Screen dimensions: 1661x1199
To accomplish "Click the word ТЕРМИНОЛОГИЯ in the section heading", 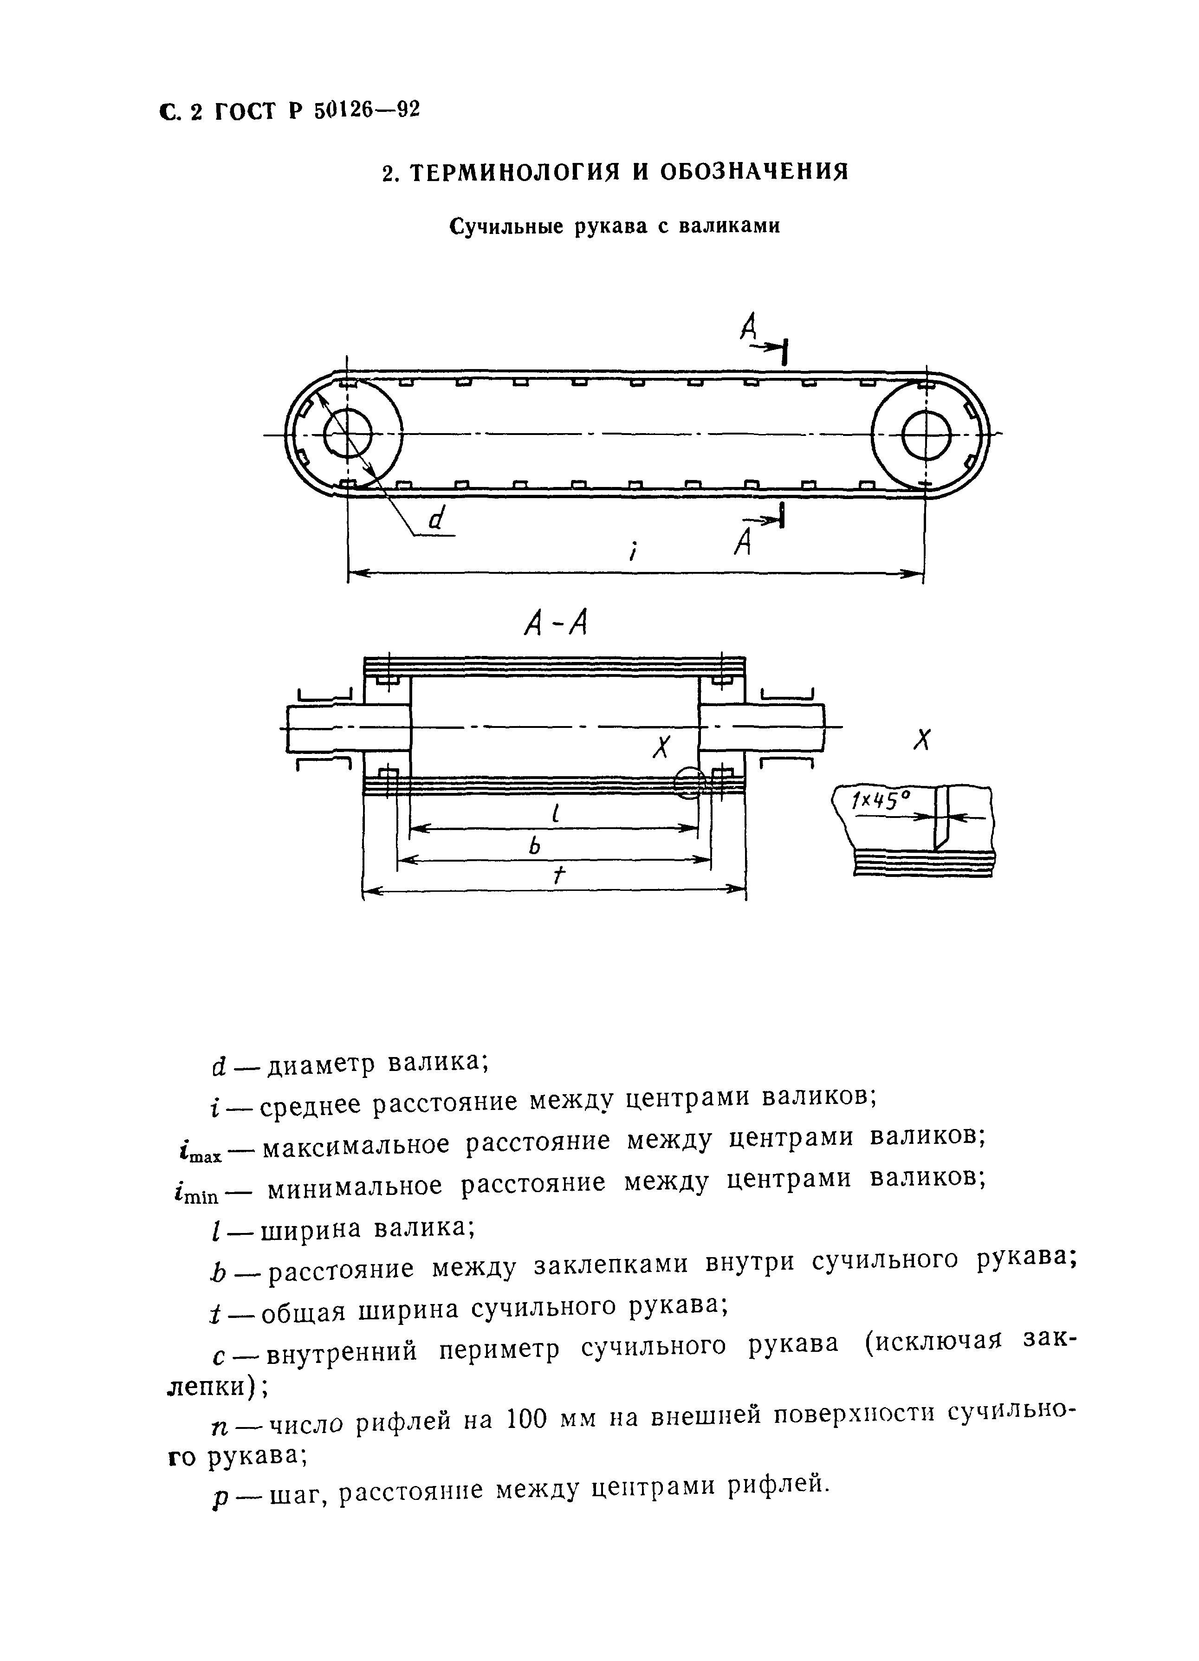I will click(x=509, y=172).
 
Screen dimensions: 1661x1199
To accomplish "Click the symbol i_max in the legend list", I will click(x=199, y=1153).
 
